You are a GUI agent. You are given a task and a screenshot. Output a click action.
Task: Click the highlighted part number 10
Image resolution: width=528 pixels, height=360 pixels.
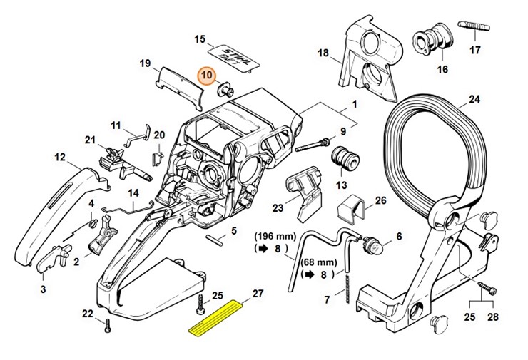pos(207,76)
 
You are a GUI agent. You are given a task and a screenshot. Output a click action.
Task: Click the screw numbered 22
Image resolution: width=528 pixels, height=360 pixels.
pos(108,326)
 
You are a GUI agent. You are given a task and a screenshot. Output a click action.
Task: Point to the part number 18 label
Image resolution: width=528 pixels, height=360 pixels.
pos(323,53)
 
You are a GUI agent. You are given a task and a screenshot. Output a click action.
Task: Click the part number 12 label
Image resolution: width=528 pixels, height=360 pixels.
pos(60,157)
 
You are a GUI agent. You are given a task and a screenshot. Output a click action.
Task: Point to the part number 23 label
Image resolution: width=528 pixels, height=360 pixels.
pos(277,208)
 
